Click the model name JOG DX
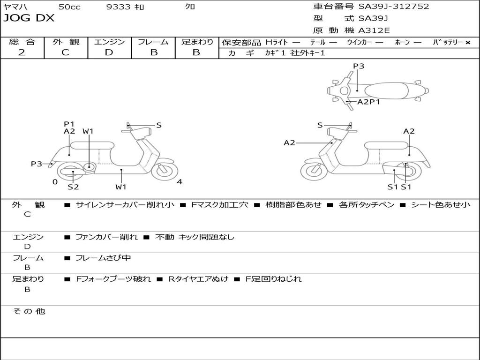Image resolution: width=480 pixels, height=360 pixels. (29, 18)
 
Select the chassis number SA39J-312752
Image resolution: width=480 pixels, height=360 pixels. (393, 7)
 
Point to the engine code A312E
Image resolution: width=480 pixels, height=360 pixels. (374, 31)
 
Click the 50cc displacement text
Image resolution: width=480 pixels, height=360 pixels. (69, 7)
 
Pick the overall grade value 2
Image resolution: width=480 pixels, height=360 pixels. (22, 52)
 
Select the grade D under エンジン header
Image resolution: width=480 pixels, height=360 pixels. (109, 52)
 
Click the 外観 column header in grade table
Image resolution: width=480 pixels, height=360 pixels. (66, 42)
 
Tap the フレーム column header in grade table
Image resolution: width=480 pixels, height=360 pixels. (153, 42)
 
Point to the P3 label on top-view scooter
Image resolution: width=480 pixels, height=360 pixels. (359, 66)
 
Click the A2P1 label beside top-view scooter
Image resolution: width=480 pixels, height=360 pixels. (368, 102)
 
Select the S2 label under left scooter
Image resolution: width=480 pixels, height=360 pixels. (73, 187)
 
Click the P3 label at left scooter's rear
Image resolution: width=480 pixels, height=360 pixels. (37, 164)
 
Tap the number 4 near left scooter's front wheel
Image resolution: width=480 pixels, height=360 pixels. (180, 182)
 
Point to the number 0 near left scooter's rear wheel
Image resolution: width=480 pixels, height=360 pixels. (55, 182)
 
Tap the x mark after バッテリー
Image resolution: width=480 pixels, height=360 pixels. (467, 43)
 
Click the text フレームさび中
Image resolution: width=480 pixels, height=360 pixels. (103, 258)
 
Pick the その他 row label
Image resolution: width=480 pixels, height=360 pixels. (28, 311)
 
